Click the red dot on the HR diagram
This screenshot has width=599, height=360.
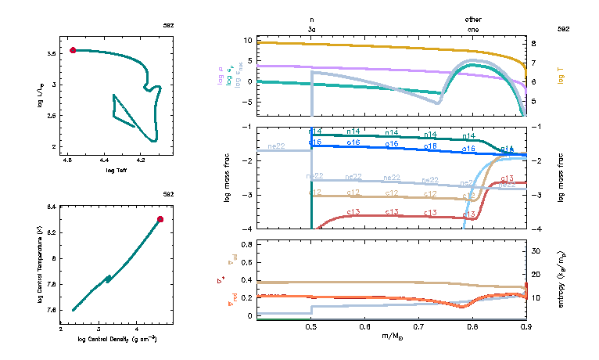tap(73, 50)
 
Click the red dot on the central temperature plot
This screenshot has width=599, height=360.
tap(160, 219)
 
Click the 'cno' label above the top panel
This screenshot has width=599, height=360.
tap(473, 28)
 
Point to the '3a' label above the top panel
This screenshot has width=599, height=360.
tap(312, 28)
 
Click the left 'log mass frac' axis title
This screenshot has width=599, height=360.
tap(228, 178)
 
